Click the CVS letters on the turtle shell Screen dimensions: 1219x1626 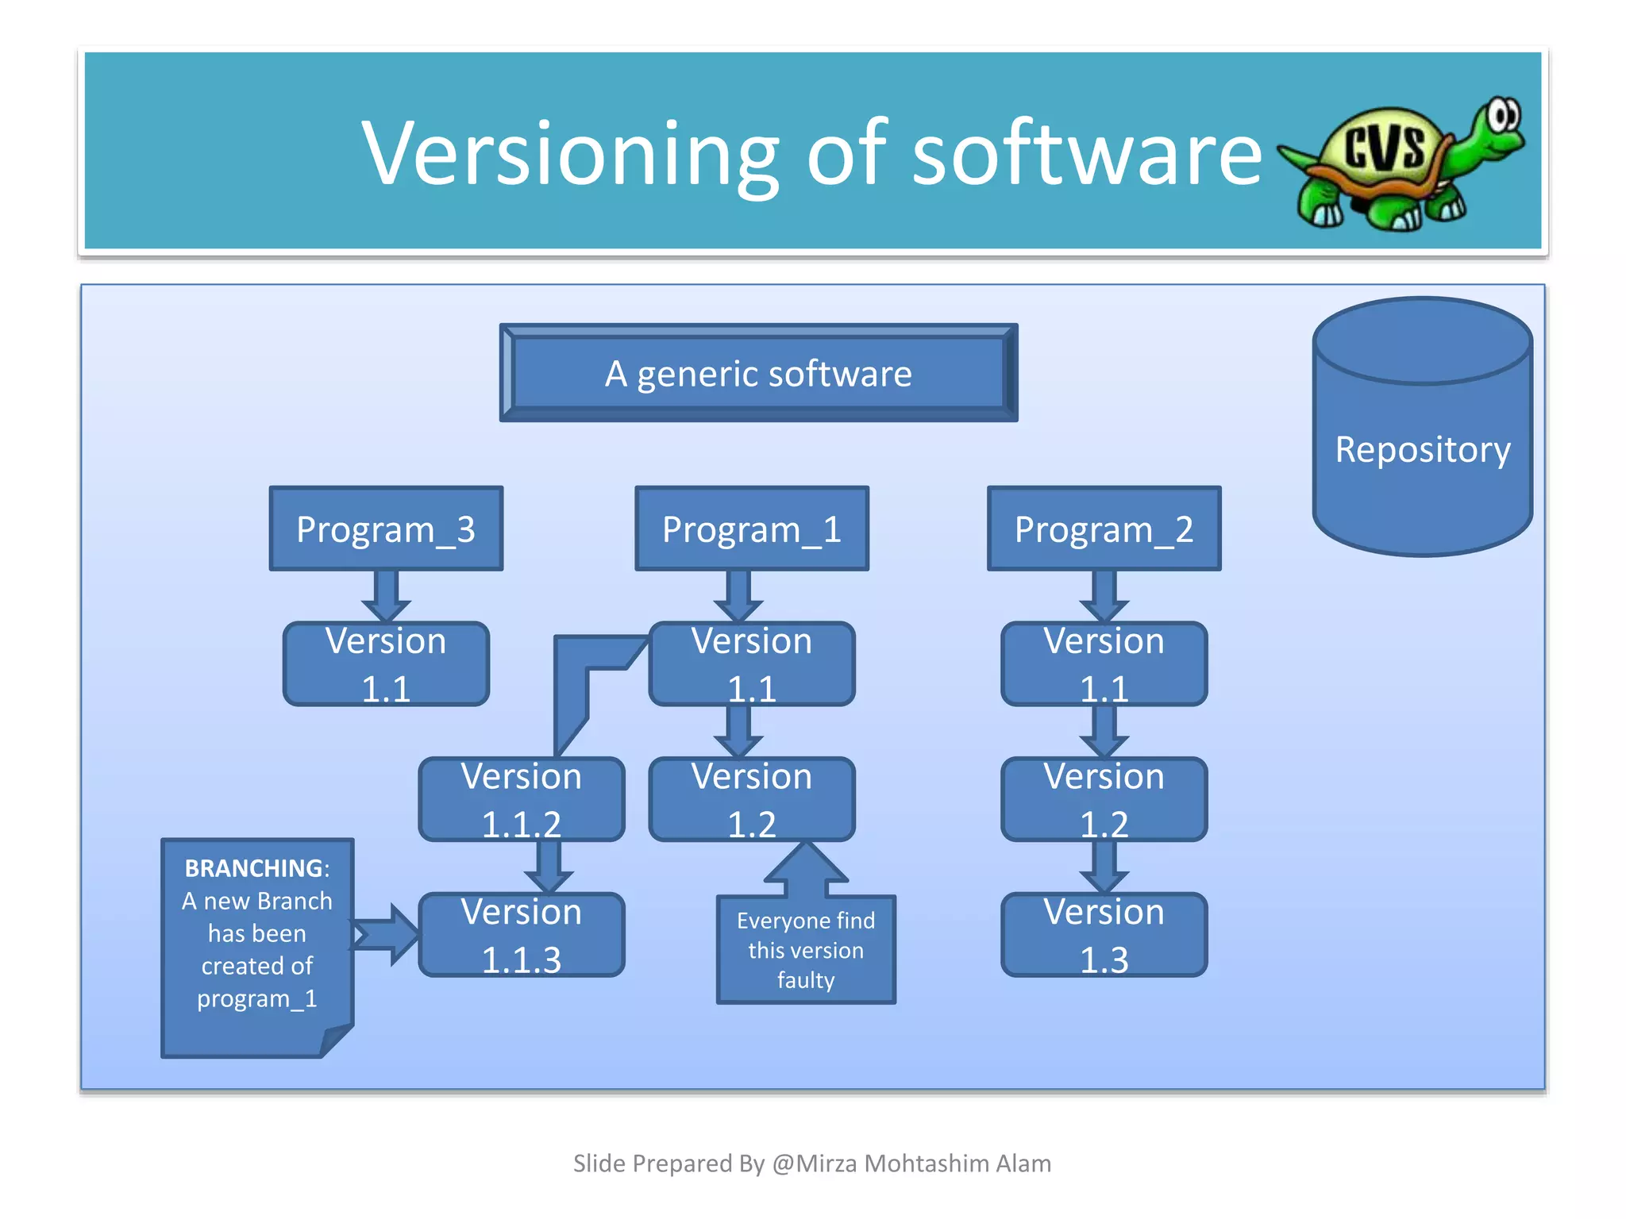[x=1385, y=147]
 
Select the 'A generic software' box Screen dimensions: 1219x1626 [x=758, y=373]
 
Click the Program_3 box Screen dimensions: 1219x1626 [x=386, y=529]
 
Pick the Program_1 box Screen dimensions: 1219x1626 [x=751, y=529]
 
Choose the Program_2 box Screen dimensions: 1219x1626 [x=1104, y=529]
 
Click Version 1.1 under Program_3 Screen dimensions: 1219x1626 [x=386, y=664]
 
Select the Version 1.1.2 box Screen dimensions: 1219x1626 [x=522, y=799]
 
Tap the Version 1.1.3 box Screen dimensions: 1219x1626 [x=522, y=935]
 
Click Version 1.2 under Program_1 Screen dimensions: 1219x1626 [x=751, y=799]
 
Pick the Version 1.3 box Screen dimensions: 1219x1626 [x=1104, y=935]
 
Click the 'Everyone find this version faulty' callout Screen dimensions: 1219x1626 [x=805, y=950]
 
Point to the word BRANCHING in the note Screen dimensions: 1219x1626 [x=254, y=868]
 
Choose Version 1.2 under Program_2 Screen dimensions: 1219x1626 [x=1104, y=799]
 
